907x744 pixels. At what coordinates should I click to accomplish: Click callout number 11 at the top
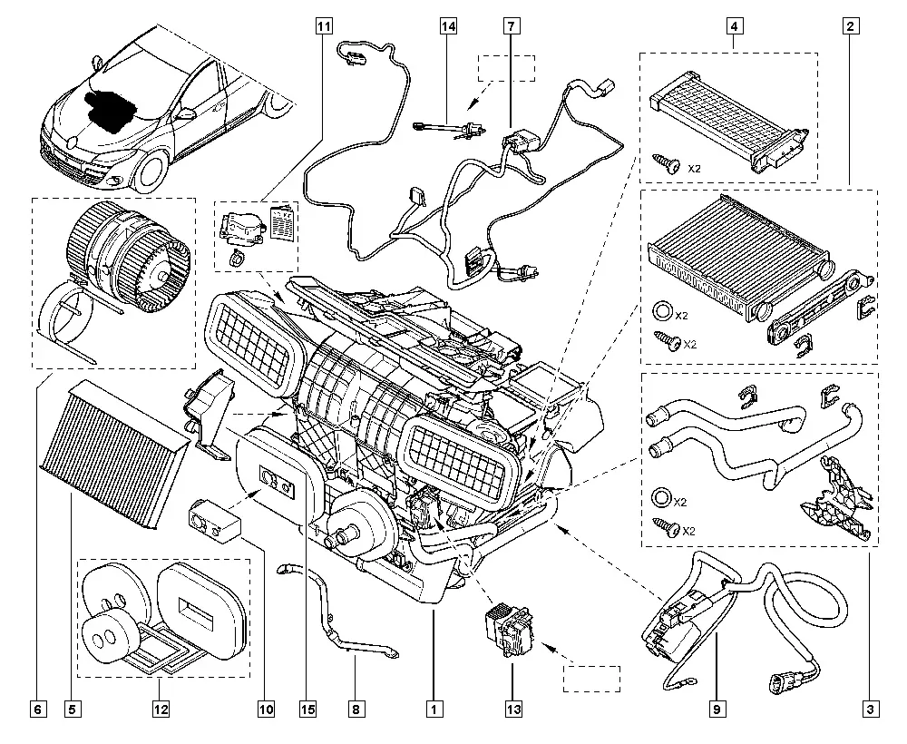tap(324, 26)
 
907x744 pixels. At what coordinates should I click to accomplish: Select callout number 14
tap(448, 26)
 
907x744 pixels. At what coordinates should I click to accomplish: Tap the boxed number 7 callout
tap(512, 26)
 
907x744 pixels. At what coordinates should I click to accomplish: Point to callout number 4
tap(734, 26)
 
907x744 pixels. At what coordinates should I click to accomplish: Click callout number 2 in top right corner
tap(850, 26)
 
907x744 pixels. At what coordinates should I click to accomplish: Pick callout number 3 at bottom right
tap(870, 709)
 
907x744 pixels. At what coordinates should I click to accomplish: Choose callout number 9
tap(717, 709)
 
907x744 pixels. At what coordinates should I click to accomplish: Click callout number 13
tap(513, 709)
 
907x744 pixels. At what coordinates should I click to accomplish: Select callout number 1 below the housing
tap(434, 709)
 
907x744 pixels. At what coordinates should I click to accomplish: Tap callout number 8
tap(356, 709)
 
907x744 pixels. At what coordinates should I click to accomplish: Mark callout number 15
tap(307, 709)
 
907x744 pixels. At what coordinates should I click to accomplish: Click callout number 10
tap(266, 709)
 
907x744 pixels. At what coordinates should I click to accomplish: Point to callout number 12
tap(161, 709)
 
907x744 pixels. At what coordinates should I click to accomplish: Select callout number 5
tap(72, 709)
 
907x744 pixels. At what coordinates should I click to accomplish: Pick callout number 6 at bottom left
tap(38, 709)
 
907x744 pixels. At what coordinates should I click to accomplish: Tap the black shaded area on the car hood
tap(111, 110)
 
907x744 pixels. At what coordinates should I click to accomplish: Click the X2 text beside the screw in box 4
tap(694, 169)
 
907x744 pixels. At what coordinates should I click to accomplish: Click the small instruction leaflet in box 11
tap(283, 222)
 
